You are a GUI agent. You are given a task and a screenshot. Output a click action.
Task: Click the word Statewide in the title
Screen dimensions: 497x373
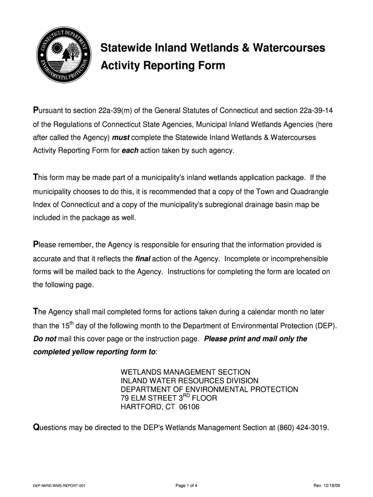[123, 48]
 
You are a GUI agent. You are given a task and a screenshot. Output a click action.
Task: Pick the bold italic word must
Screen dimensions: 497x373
[121, 138]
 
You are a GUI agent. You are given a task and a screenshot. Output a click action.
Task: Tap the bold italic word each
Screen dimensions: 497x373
[130, 150]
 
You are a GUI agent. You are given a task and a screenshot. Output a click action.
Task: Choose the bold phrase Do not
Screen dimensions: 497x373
[45, 338]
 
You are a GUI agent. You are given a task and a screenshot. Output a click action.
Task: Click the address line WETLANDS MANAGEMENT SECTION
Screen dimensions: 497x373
[186, 372]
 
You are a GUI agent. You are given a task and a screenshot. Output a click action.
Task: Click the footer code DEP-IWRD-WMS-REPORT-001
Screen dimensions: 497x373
[59, 486]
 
